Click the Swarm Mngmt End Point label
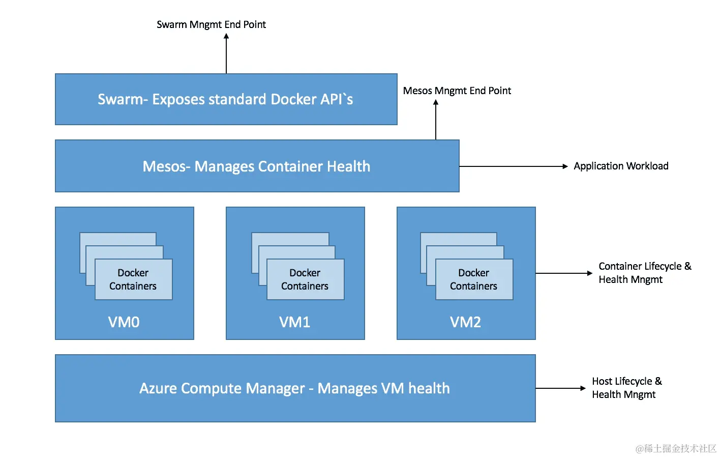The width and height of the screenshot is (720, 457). (211, 24)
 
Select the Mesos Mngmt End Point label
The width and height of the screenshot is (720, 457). (457, 91)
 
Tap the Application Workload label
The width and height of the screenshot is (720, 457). (620, 166)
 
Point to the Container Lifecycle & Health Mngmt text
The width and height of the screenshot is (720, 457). (644, 273)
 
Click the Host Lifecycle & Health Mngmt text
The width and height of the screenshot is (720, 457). (626, 388)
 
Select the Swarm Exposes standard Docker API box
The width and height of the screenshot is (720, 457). (226, 99)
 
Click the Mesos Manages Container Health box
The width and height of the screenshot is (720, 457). (257, 166)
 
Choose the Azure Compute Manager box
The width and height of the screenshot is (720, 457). (295, 388)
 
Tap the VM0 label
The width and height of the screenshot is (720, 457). (124, 322)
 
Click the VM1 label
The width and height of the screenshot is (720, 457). (294, 322)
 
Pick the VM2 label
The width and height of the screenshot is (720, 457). (465, 322)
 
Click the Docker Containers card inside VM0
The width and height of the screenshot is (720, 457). (133, 279)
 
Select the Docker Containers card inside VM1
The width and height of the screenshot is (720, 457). (305, 279)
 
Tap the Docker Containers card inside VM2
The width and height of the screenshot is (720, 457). (474, 279)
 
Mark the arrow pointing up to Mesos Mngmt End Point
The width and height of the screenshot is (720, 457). (436, 120)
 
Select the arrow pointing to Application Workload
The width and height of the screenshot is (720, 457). (514, 166)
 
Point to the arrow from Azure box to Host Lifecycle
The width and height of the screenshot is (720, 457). (560, 388)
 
